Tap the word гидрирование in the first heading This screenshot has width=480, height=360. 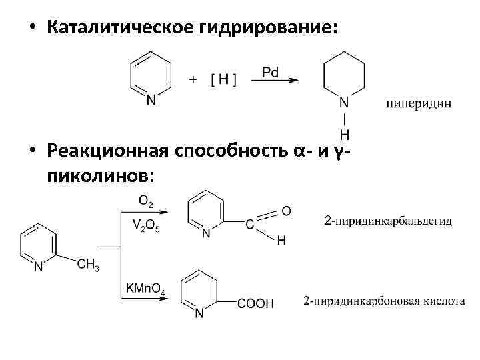click(x=256, y=28)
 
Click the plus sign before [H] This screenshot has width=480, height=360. click(x=193, y=79)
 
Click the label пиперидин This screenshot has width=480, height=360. click(x=419, y=103)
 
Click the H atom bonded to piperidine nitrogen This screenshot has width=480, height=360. click(x=344, y=135)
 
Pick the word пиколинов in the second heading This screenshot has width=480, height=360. click(x=100, y=175)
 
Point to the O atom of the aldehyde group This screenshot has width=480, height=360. click(x=285, y=211)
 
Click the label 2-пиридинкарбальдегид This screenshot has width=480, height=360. click(x=389, y=220)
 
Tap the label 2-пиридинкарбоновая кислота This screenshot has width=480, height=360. click(x=384, y=301)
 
